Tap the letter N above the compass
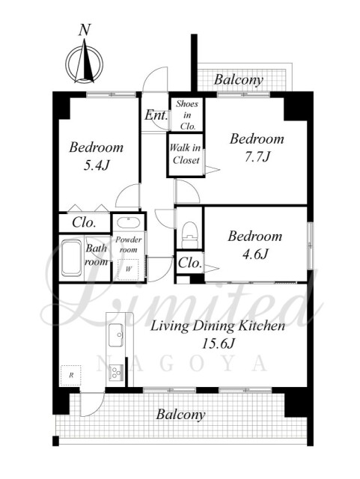click(x=85, y=30)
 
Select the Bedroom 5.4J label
click(x=97, y=156)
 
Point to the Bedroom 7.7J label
click(x=257, y=147)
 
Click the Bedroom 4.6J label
click(x=255, y=245)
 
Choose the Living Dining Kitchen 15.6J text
click(x=218, y=335)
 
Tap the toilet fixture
click(x=189, y=234)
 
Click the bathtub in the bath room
click(x=72, y=258)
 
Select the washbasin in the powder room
click(x=129, y=223)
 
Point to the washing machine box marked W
click(x=128, y=269)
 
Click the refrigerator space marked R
click(x=71, y=375)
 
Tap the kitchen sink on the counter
click(x=116, y=335)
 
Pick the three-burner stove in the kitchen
click(x=116, y=373)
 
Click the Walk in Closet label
click(x=185, y=154)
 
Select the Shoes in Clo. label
click(x=187, y=115)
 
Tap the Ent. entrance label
click(x=156, y=115)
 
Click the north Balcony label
click(x=238, y=80)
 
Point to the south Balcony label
click(x=180, y=415)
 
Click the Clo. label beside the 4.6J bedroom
click(x=190, y=263)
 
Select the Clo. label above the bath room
click(x=84, y=222)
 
